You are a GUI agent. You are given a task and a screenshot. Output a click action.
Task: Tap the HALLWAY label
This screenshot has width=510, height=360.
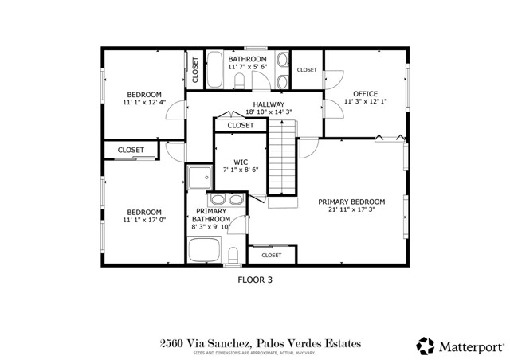(x=269, y=104)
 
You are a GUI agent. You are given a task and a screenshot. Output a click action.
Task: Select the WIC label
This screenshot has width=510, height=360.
(x=241, y=162)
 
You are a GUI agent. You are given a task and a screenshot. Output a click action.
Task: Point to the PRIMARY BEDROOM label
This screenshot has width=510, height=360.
(x=351, y=202)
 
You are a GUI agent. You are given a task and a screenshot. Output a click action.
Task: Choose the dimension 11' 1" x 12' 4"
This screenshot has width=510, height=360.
(x=143, y=103)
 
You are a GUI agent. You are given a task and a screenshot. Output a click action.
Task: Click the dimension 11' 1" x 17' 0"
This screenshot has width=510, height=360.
(x=143, y=221)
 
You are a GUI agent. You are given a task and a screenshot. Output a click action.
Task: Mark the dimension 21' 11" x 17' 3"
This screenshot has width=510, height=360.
(x=351, y=210)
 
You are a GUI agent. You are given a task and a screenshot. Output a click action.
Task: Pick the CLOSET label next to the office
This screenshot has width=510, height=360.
(x=307, y=70)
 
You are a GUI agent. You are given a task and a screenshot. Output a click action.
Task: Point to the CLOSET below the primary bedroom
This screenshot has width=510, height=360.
(x=272, y=255)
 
